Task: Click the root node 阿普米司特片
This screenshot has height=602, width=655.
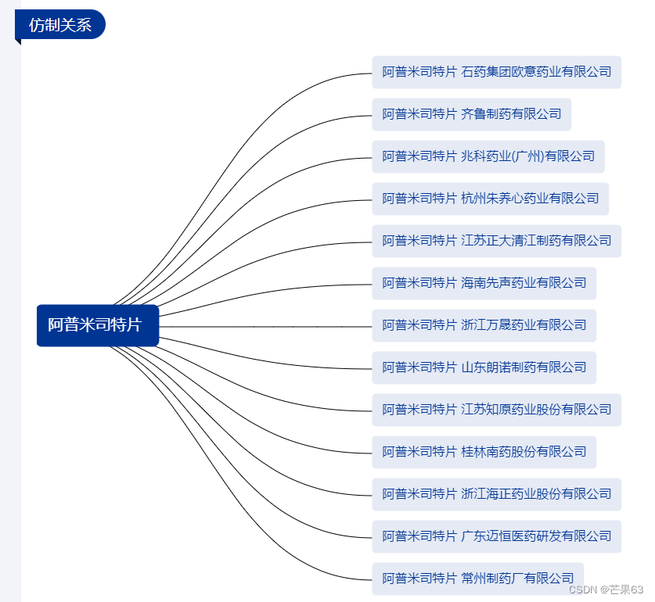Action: pos(97,325)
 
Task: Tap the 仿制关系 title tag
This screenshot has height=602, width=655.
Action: pos(60,25)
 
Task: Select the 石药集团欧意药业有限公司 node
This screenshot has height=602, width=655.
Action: pos(496,72)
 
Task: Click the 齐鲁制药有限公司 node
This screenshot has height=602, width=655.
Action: pos(471,114)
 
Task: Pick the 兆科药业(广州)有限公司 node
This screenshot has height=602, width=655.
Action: pos(488,156)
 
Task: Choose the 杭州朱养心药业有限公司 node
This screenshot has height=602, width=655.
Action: pos(490,199)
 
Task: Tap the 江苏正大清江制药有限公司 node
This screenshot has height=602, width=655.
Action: pos(496,241)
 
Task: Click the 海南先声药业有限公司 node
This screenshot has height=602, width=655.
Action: pos(484,283)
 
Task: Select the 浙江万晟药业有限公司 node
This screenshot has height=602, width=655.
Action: pos(484,325)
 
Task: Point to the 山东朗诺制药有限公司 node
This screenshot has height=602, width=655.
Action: pos(484,367)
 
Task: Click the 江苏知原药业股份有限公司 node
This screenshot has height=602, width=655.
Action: pos(496,410)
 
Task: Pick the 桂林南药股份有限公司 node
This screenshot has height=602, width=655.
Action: pos(484,452)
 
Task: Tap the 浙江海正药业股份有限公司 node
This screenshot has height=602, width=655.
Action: pos(496,494)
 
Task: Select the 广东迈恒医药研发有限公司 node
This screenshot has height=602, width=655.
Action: pos(496,536)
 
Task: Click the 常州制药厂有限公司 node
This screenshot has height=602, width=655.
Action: pos(477,579)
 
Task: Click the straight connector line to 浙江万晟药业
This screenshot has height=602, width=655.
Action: pos(266,325)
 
